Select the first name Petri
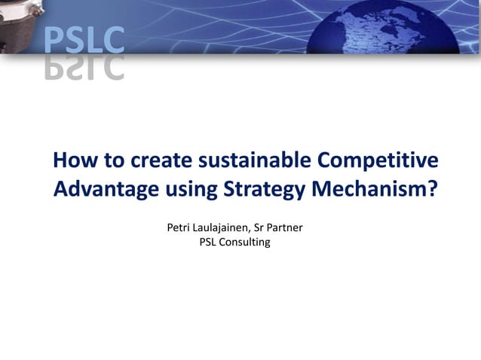point(179,227)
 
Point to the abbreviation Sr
point(273,227)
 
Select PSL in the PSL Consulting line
point(207,242)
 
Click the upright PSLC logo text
point(83,39)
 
